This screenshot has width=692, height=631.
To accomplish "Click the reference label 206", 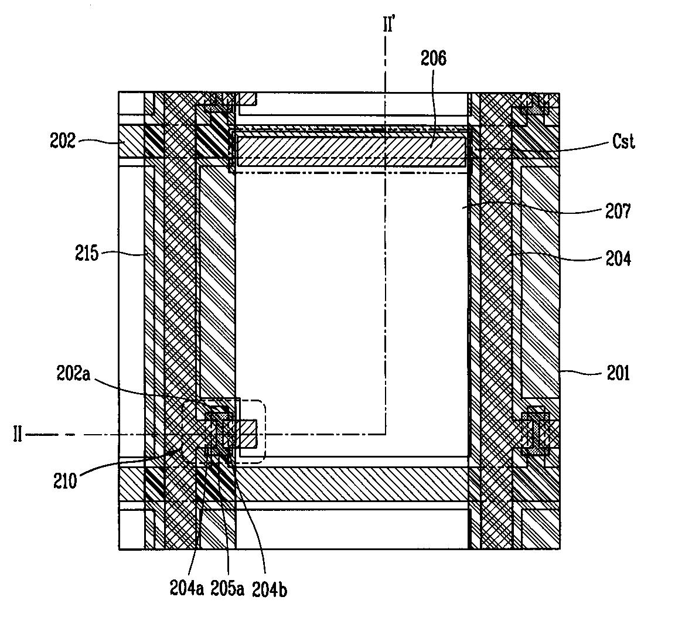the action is tap(433, 58).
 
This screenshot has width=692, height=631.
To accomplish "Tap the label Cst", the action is tap(623, 142).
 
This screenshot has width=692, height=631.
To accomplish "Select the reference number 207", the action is tap(618, 212).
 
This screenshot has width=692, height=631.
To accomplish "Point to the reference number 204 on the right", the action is tap(618, 258).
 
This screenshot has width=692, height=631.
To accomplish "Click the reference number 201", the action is tap(618, 373).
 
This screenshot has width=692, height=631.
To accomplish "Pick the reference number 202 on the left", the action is tap(62, 141).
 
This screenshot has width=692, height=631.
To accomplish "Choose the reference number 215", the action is tap(87, 254).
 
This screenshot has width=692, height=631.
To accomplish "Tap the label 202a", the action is tap(73, 374).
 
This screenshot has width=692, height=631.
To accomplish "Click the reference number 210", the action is tap(65, 480).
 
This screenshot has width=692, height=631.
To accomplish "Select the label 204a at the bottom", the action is tap(187, 588).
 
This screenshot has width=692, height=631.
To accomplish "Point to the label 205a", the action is tap(227, 588).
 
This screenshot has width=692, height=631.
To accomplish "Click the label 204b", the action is tap(269, 589).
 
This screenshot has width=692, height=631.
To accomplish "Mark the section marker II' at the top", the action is tap(388, 25).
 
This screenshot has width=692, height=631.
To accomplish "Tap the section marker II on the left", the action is tap(17, 435).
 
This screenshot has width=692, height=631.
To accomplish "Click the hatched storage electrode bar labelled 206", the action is tap(352, 151).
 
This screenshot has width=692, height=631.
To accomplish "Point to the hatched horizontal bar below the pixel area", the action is tap(352, 484).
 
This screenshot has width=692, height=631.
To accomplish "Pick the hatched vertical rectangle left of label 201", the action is tap(540, 282).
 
